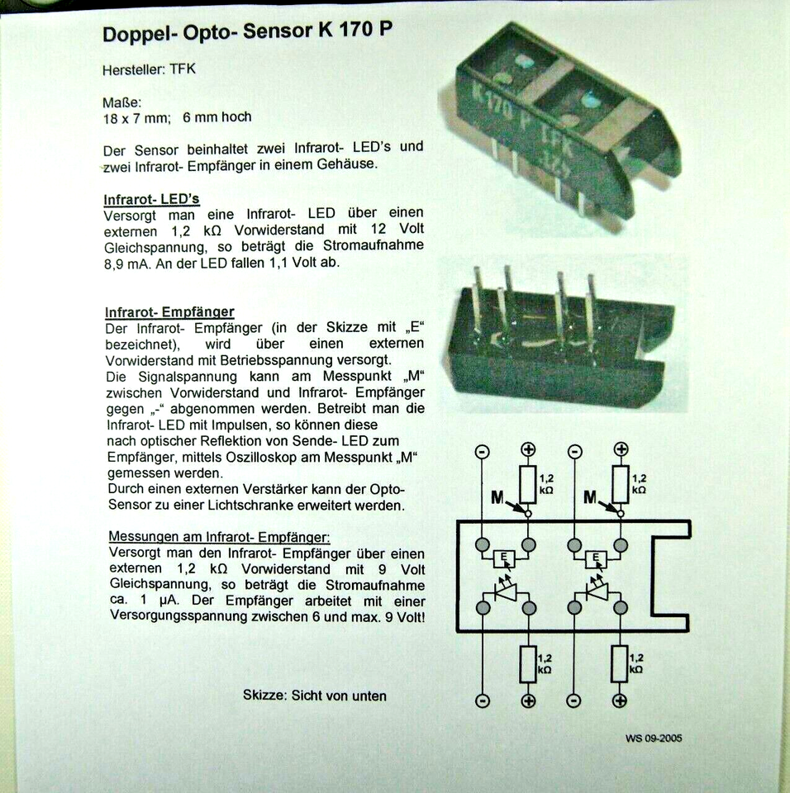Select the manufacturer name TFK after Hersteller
pyautogui.click(x=181, y=69)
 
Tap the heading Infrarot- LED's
pyautogui.click(x=151, y=199)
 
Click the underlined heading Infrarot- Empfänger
pyautogui.click(x=169, y=311)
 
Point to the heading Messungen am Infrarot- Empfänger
pyautogui.click(x=219, y=537)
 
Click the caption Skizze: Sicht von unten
pyautogui.click(x=314, y=696)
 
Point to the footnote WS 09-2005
pyautogui.click(x=654, y=738)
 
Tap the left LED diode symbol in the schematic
pyautogui.click(x=504, y=591)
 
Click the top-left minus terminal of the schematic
pyautogui.click(x=482, y=452)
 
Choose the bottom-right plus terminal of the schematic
pyautogui.click(x=619, y=701)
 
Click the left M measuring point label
pyautogui.click(x=497, y=497)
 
